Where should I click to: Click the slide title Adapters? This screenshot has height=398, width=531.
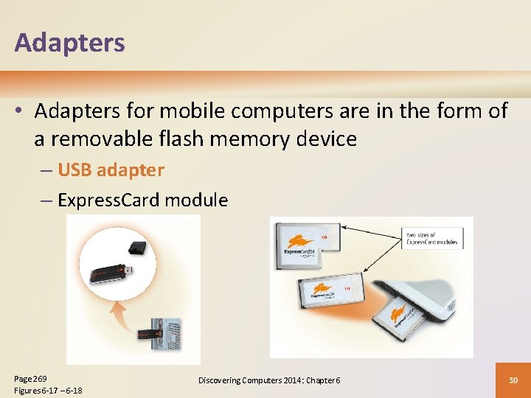(69, 43)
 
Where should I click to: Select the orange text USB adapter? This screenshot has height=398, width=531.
(111, 170)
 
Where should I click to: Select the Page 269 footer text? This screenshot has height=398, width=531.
(30, 377)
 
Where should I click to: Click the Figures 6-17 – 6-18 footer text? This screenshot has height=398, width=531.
(48, 390)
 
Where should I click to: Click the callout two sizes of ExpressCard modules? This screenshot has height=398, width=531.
(431, 238)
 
